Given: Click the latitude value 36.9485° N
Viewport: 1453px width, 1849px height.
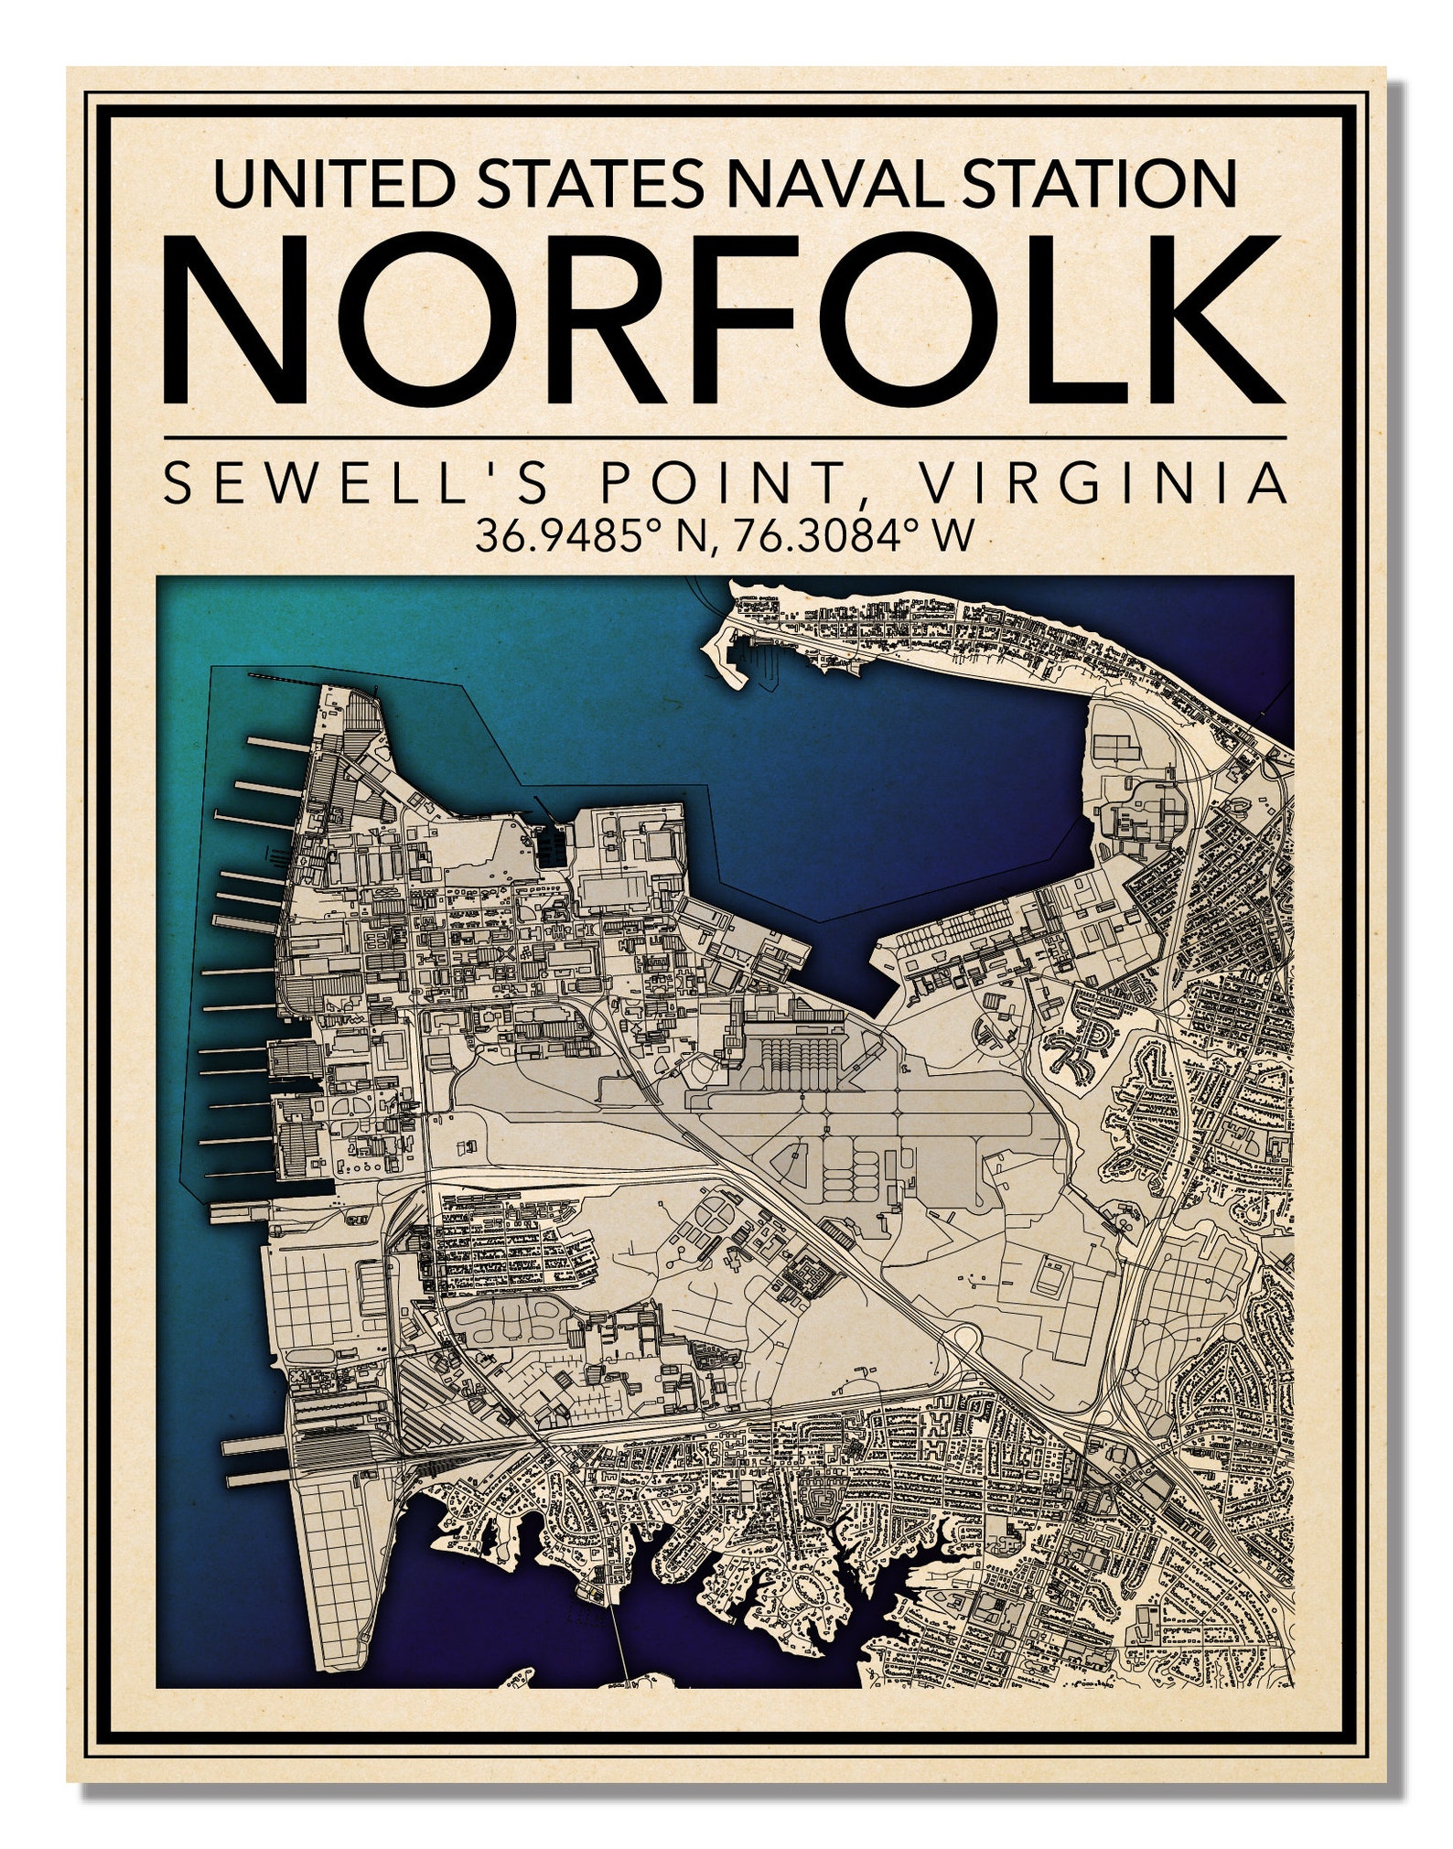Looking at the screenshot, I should [x=589, y=536].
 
